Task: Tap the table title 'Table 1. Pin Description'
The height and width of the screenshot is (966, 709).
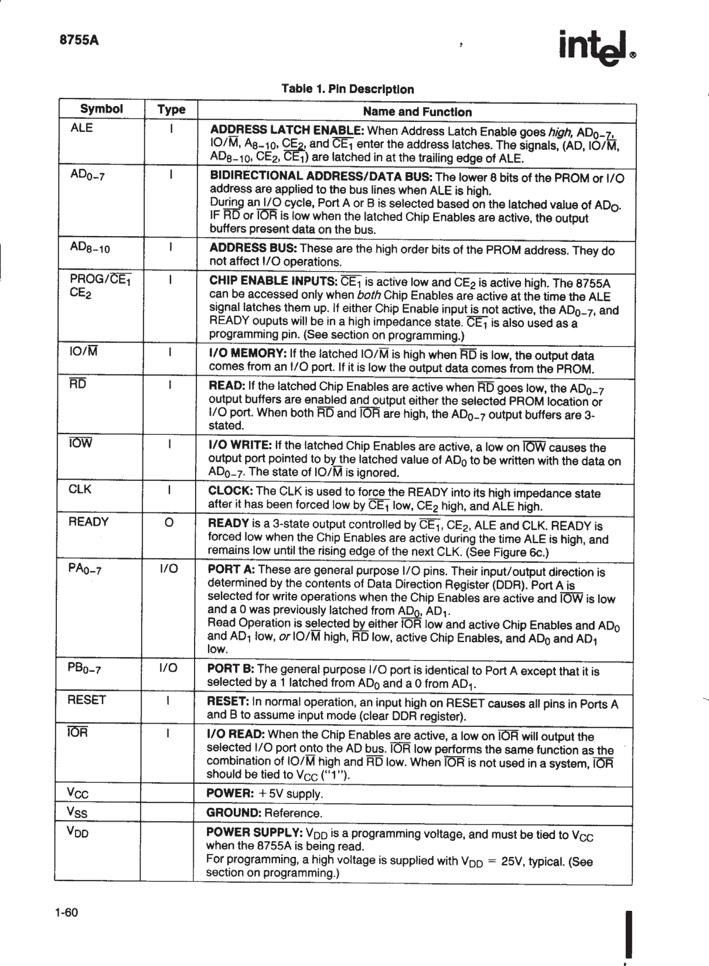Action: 347,89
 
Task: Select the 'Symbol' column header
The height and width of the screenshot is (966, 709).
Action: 101,109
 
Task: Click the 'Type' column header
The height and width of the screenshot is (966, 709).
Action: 171,110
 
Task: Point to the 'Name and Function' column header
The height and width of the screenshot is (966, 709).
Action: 417,112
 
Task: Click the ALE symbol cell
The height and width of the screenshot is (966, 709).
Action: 81,128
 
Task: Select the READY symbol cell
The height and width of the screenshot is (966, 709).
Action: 88,522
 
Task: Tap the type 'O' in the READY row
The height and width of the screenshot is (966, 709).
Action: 168,523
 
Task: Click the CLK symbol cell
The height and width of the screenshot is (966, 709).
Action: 80,489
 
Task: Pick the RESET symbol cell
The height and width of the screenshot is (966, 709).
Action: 87,700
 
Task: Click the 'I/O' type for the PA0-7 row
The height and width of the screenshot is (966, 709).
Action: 169,569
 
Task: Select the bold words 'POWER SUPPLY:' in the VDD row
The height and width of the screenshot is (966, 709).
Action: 254,833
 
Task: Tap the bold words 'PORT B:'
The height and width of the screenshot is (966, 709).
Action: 231,669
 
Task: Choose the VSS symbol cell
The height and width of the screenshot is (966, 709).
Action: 79,813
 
